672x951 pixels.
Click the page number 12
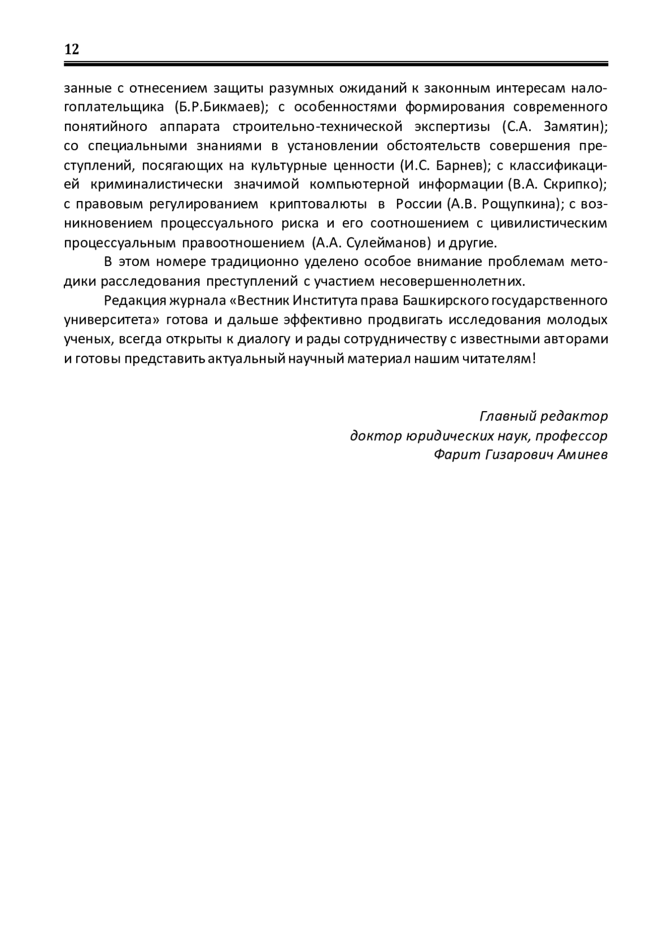click(x=72, y=49)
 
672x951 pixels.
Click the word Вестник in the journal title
click(x=262, y=301)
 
